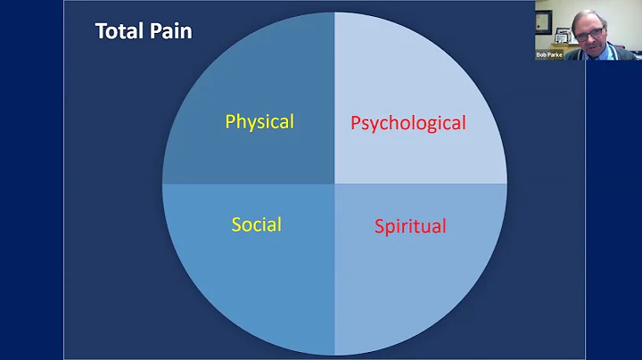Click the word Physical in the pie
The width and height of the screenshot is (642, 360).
[x=259, y=121]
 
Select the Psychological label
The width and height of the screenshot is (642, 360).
[x=407, y=123]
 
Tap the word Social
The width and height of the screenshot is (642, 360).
[x=256, y=224]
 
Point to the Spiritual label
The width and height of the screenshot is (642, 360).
[x=410, y=225]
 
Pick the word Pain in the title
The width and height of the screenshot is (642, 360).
[x=170, y=32]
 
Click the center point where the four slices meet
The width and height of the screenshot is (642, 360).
[x=334, y=184]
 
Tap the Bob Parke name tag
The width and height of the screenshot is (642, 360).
[x=548, y=54]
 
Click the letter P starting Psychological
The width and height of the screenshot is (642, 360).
[x=356, y=123]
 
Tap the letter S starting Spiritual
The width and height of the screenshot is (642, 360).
[x=379, y=225]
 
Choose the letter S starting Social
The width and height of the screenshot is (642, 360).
[x=236, y=224]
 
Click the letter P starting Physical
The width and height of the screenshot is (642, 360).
[x=230, y=121]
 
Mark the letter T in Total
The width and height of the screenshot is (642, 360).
[x=100, y=32]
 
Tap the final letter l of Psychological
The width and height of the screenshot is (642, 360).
[x=464, y=122]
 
